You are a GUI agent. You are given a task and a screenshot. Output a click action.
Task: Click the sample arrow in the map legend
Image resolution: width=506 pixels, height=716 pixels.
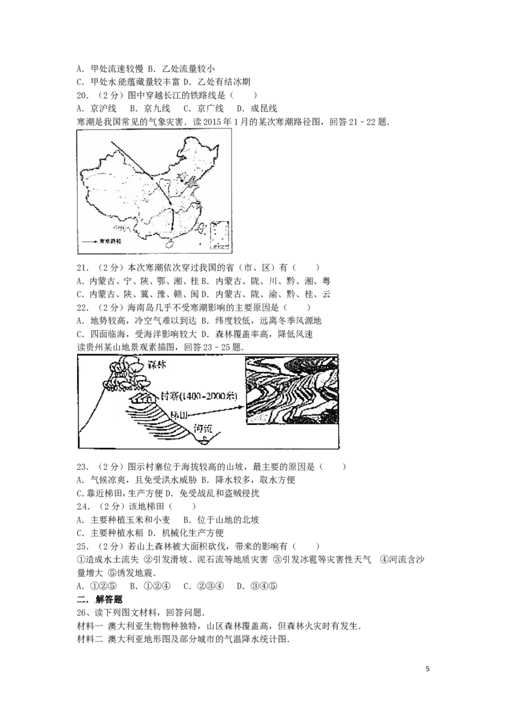click(x=89, y=242)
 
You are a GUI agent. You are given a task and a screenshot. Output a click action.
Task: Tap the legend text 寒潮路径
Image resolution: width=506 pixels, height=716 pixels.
click(x=109, y=242)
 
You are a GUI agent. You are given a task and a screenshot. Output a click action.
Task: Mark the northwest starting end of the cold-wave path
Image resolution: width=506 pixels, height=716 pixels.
click(x=113, y=142)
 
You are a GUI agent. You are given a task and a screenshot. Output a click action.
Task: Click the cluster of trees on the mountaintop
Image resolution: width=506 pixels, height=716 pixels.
click(x=126, y=373)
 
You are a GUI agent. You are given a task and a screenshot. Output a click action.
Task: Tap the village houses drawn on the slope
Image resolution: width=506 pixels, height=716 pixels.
click(x=142, y=398)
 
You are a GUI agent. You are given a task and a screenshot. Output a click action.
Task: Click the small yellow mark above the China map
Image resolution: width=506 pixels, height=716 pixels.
click(x=117, y=83)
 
